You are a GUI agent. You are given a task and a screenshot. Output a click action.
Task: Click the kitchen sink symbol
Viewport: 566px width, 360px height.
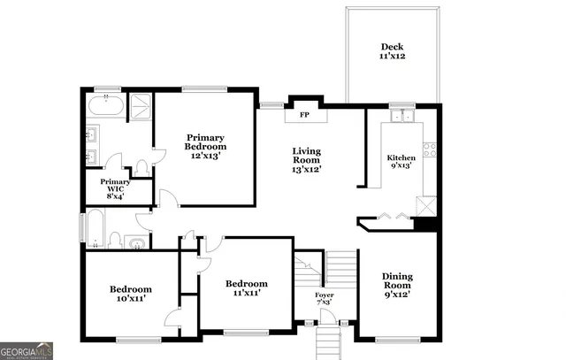click(x=403, y=116)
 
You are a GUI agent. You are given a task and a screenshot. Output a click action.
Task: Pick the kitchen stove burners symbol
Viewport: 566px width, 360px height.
click(x=430, y=149)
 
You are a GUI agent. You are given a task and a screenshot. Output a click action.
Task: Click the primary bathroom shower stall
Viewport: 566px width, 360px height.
click(x=140, y=108)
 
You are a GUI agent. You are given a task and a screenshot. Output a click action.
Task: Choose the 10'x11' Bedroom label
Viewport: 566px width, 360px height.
click(x=130, y=294)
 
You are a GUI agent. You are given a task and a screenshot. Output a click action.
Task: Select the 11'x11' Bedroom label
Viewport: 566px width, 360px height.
click(x=247, y=287)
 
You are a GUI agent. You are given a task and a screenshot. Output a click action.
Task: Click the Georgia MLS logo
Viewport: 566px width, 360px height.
click(x=27, y=350)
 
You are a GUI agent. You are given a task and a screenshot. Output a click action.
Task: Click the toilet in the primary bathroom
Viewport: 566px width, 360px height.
click(x=141, y=166)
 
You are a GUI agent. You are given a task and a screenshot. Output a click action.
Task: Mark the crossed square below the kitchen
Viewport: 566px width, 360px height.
click(x=426, y=206)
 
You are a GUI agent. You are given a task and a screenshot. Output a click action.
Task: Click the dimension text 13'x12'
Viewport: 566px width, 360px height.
click(x=307, y=169)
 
